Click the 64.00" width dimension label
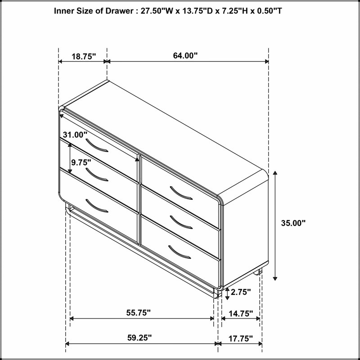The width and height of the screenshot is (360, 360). pyautogui.click(x=185, y=56)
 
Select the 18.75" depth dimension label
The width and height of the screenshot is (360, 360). pyautogui.click(x=84, y=56)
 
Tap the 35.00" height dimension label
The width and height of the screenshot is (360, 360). pyautogui.click(x=293, y=223)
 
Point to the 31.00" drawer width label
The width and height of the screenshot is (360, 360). pyautogui.click(x=75, y=135)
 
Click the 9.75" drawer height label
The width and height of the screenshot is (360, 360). pyautogui.click(x=81, y=162)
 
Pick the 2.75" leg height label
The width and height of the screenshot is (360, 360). pyautogui.click(x=241, y=292)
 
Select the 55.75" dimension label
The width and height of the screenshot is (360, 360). pyautogui.click(x=139, y=312)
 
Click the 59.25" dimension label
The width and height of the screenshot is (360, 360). pyautogui.click(x=139, y=338)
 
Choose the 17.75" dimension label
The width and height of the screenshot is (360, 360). pyautogui.click(x=240, y=338)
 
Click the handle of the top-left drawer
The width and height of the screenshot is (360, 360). pyautogui.click(x=96, y=146)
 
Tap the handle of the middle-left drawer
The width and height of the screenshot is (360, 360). pyautogui.click(x=96, y=175)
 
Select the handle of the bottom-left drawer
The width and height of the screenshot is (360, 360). pyautogui.click(x=96, y=206)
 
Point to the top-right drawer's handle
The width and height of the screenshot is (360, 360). pyautogui.click(x=181, y=193)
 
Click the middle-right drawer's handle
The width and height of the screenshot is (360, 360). pyautogui.click(x=181, y=222)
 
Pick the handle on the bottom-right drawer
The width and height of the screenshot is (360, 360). pyautogui.click(x=179, y=252)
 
